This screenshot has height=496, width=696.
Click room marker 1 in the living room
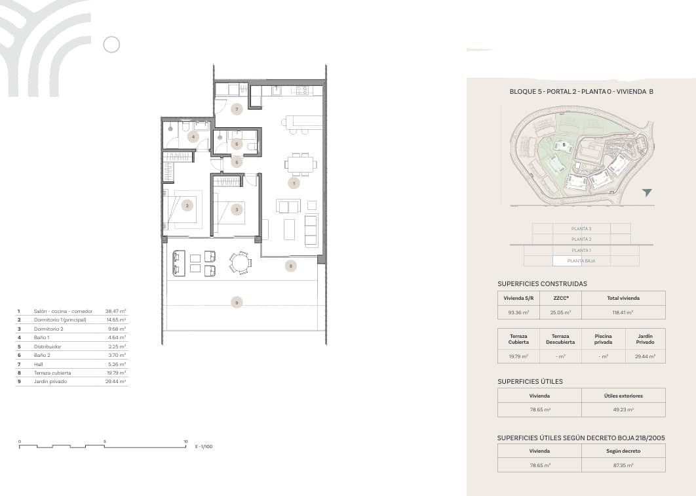(294, 183)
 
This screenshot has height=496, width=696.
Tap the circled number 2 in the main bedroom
(187, 205)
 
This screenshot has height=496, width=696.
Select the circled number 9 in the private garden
(237, 302)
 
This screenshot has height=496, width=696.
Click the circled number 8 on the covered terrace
(291, 266)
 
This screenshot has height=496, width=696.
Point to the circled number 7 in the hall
(237, 108)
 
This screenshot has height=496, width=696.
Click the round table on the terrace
(240, 262)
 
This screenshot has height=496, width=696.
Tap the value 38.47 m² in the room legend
(117, 312)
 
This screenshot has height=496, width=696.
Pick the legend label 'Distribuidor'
(47, 346)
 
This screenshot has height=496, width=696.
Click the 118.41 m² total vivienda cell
(623, 313)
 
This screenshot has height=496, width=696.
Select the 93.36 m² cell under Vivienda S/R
(518, 313)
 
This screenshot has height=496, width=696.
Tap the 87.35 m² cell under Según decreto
(623, 465)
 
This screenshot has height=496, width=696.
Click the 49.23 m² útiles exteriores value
(623, 410)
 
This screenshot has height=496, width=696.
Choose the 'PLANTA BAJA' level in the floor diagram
(581, 261)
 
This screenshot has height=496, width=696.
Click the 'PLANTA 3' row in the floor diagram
(581, 228)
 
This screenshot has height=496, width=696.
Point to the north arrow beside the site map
(647, 193)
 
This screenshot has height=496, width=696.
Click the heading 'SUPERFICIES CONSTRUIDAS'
(542, 284)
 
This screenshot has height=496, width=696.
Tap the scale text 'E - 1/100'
(204, 447)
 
